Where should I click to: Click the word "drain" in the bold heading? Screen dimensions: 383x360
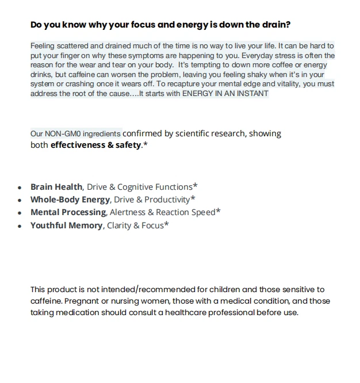[x=276, y=25]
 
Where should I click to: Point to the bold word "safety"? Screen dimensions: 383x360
[x=127, y=145]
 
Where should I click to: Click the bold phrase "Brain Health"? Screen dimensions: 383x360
[x=56, y=187]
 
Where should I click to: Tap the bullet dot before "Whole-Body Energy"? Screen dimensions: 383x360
[x=20, y=201]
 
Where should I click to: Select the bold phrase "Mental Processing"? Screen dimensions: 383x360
[x=68, y=212]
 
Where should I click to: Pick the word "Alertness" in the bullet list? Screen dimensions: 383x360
[x=128, y=212]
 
